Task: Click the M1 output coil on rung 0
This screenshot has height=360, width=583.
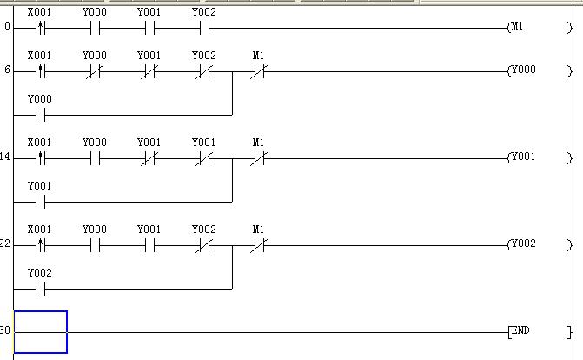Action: [517, 27]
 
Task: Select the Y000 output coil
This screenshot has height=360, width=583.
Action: [522, 70]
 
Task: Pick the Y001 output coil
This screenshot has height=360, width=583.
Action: [522, 157]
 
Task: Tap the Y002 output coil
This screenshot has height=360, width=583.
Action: [522, 244]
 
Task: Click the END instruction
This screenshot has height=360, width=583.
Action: [520, 331]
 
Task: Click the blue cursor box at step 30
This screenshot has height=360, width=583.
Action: [41, 332]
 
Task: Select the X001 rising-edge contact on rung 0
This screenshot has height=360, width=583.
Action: [40, 27]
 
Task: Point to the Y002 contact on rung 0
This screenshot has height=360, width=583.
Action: [204, 27]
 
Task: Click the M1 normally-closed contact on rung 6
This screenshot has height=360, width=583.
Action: [258, 71]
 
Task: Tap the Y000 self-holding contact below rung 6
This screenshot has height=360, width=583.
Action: [40, 114]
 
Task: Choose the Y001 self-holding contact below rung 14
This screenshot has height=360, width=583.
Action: [40, 201]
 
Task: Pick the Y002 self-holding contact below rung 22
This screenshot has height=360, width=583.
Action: [40, 288]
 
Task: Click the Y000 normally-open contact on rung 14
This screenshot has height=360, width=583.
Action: [95, 158]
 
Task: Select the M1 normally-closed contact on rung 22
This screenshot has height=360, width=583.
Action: [258, 245]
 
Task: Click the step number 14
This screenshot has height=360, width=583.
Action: [5, 157]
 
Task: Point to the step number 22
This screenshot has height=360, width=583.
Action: [5, 244]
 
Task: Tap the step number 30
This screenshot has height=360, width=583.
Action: [5, 331]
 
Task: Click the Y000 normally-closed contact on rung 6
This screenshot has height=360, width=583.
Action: [95, 71]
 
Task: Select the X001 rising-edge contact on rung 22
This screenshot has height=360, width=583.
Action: [40, 245]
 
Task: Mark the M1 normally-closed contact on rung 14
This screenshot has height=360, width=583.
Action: [258, 158]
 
